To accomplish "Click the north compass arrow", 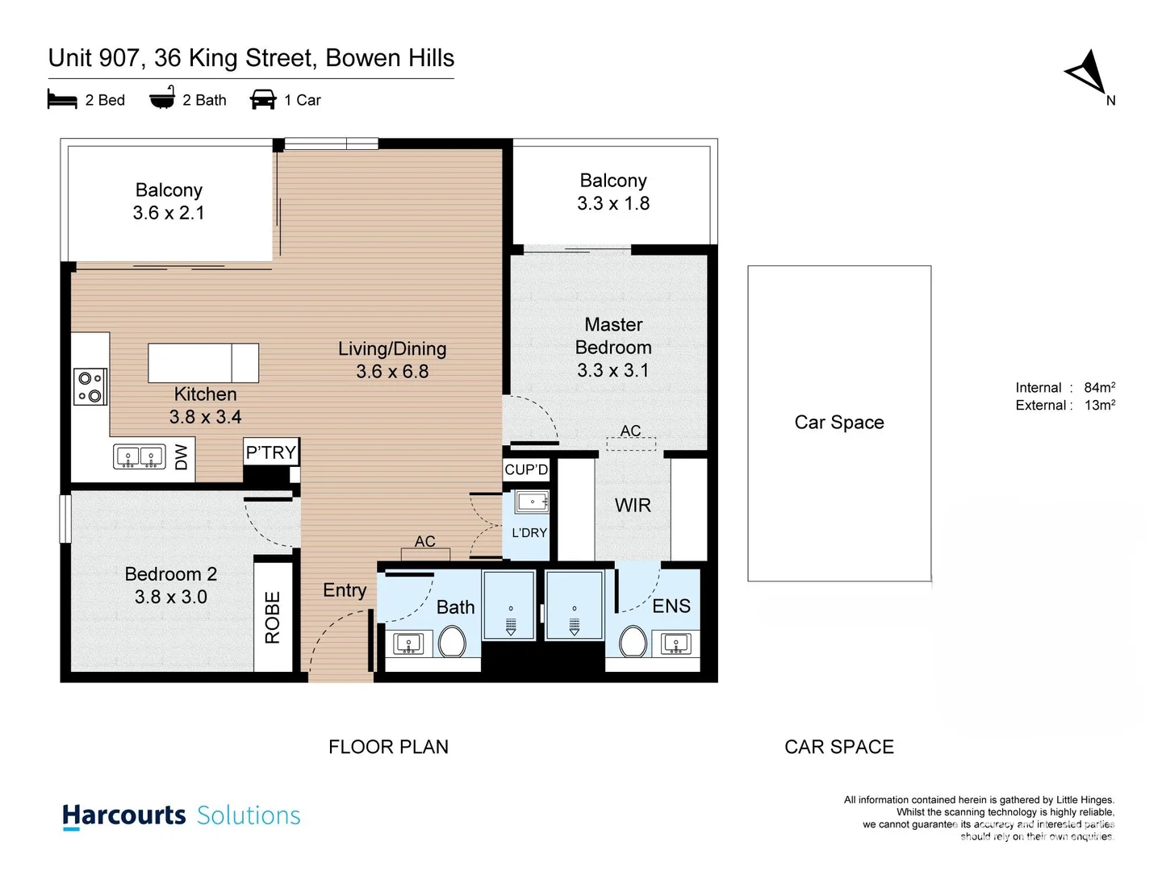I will pyautogui.click(x=1087, y=73).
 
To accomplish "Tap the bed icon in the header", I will pyautogui.click(x=62, y=100).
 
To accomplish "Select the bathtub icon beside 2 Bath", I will pyautogui.click(x=162, y=98).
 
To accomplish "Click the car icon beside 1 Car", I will pyautogui.click(x=263, y=100).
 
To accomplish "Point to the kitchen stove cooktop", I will pyautogui.click(x=90, y=386).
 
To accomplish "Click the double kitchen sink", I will pyautogui.click(x=139, y=457).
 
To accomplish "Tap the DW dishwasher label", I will pyautogui.click(x=181, y=457).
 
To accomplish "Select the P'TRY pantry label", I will pyautogui.click(x=271, y=452).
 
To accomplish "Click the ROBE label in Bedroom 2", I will pyautogui.click(x=273, y=618).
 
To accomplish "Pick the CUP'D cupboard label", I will pyautogui.click(x=526, y=469).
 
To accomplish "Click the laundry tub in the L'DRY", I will pyautogui.click(x=533, y=502).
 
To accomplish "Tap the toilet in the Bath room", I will pyautogui.click(x=452, y=643).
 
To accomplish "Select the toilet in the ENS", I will pyautogui.click(x=633, y=643).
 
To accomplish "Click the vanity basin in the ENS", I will pyautogui.click(x=675, y=644).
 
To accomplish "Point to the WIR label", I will pyautogui.click(x=633, y=506).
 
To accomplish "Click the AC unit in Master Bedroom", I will pyautogui.click(x=631, y=443).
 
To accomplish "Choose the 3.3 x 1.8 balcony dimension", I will pyautogui.click(x=613, y=203).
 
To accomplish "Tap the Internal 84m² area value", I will pyautogui.click(x=1099, y=388).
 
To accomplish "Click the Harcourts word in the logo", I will pyautogui.click(x=124, y=815).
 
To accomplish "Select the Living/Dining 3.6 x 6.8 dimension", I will pyautogui.click(x=392, y=372).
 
